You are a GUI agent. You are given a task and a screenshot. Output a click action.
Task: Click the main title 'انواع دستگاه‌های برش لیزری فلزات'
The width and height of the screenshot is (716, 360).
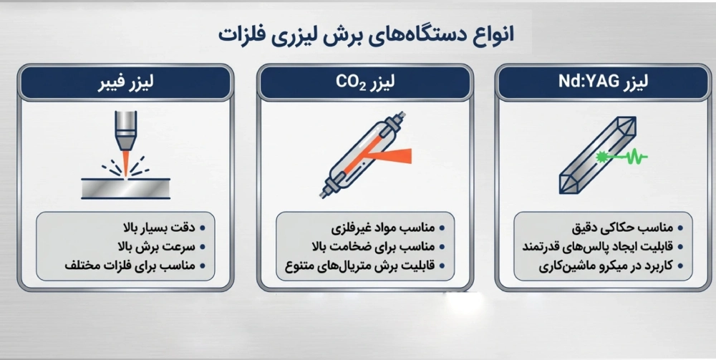coord(365,34)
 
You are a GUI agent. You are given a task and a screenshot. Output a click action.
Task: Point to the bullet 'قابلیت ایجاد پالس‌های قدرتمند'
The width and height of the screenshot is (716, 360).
coord(601,247)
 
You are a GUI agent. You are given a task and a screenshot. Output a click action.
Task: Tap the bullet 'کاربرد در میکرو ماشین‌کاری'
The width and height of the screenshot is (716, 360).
coord(607,266)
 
